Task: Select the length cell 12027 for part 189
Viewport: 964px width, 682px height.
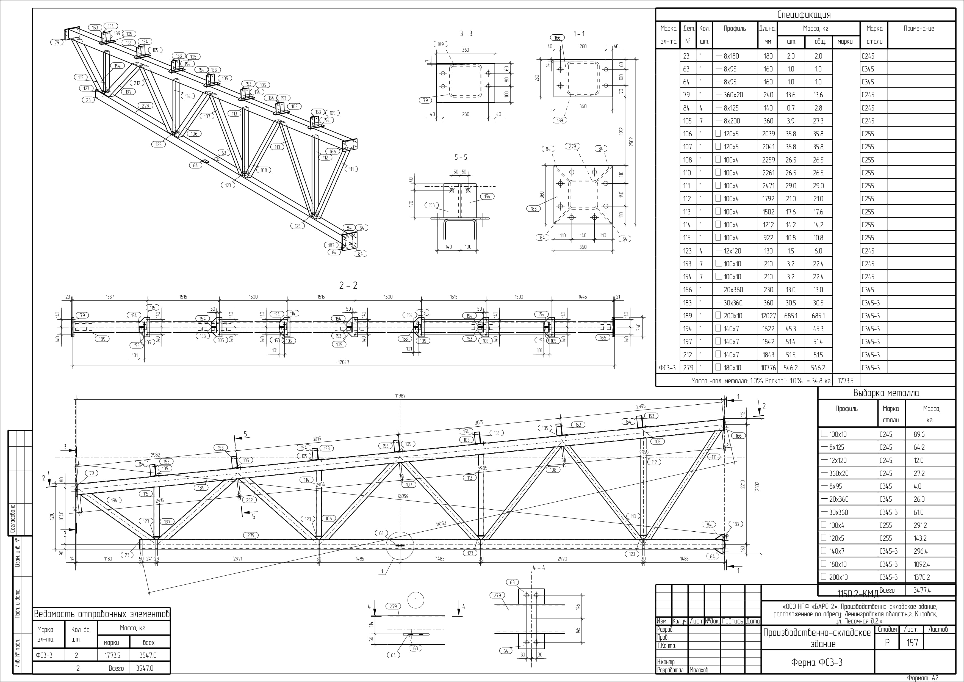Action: pyautogui.click(x=768, y=316)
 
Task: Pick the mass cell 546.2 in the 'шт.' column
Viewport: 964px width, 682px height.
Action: pyautogui.click(x=791, y=368)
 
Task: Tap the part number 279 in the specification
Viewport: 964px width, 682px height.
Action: pyautogui.click(x=688, y=368)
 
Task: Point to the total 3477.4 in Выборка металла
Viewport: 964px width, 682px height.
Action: pyautogui.click(x=922, y=590)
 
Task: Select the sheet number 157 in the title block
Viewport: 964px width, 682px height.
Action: pyautogui.click(x=912, y=642)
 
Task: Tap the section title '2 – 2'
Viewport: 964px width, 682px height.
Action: pyautogui.click(x=348, y=286)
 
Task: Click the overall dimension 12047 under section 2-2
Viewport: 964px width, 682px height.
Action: pyautogui.click(x=344, y=362)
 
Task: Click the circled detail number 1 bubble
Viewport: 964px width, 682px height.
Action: pyautogui.click(x=416, y=600)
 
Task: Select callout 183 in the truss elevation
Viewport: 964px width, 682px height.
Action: pyautogui.click(x=736, y=524)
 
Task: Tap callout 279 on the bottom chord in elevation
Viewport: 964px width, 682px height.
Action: pyautogui.click(x=251, y=535)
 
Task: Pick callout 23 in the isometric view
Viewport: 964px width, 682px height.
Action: pyautogui.click(x=88, y=100)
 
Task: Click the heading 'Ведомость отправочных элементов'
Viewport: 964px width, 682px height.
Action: pyautogui.click(x=102, y=614)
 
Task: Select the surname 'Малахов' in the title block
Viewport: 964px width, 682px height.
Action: pyautogui.click(x=699, y=670)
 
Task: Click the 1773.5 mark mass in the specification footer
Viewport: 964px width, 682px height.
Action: pyautogui.click(x=846, y=381)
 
